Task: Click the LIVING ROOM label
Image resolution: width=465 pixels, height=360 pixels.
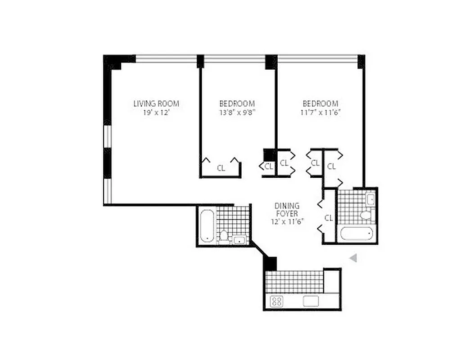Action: click(x=156, y=103)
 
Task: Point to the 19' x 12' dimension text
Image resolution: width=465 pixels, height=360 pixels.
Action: click(x=156, y=112)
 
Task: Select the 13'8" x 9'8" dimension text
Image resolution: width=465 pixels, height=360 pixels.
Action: click(x=237, y=112)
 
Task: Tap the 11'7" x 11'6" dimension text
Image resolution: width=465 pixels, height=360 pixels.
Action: click(x=320, y=112)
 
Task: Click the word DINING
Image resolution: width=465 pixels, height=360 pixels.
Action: click(x=287, y=206)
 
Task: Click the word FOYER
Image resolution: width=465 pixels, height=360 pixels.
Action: click(x=287, y=213)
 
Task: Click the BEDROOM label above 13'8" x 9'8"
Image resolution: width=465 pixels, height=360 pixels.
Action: click(x=237, y=103)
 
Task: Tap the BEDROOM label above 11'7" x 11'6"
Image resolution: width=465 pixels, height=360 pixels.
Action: click(x=320, y=103)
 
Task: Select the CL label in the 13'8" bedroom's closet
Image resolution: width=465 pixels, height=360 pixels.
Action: click(x=221, y=168)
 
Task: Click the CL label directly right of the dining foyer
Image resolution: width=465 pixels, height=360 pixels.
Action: click(x=329, y=218)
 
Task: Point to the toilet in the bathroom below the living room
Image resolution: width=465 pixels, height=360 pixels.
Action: click(x=224, y=236)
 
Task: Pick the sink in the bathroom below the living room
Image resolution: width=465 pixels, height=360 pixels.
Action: click(x=239, y=240)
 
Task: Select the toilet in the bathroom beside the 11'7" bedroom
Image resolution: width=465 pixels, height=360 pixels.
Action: click(x=366, y=214)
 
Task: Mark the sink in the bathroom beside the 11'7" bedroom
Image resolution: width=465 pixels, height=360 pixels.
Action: click(x=370, y=198)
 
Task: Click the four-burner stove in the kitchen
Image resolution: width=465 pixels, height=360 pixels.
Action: click(x=276, y=301)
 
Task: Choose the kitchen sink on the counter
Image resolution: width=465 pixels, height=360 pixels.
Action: click(x=311, y=301)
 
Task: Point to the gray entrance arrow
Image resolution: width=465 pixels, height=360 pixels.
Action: click(x=354, y=258)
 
